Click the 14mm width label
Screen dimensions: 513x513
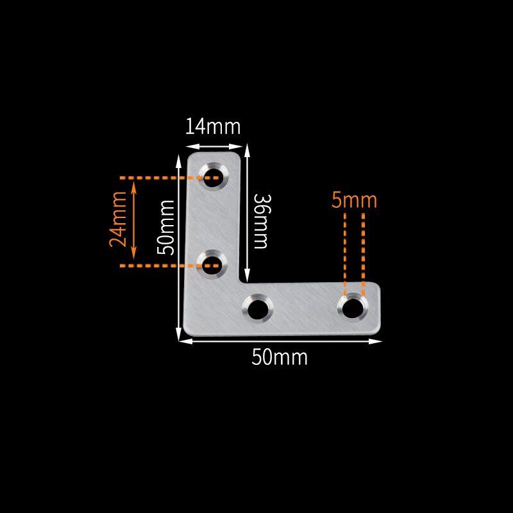213,126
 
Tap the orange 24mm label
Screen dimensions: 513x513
118,219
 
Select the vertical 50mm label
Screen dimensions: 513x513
165,228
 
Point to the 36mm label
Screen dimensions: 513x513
262,221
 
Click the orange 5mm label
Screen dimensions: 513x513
354,200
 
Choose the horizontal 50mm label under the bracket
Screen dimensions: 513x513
280,357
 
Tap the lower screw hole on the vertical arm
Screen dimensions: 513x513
212,264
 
